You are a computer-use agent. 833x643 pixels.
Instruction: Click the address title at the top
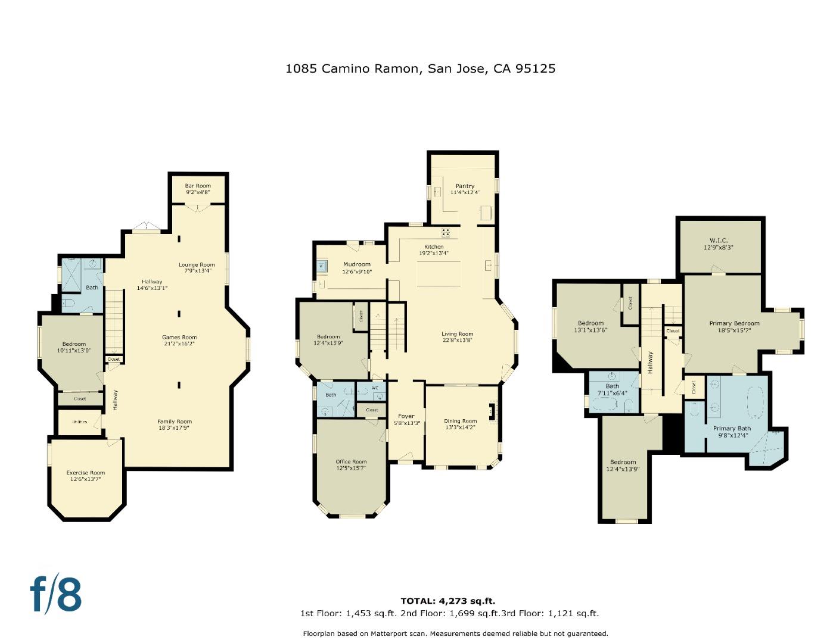pyautogui.click(x=420, y=68)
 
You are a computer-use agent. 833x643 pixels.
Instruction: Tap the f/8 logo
pyautogui.click(x=55, y=594)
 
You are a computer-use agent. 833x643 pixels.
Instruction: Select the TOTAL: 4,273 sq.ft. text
pyautogui.click(x=447, y=601)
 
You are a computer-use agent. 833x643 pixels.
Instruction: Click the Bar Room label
pyautogui.click(x=198, y=186)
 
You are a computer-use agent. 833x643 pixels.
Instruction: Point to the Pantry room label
pyautogui.click(x=465, y=186)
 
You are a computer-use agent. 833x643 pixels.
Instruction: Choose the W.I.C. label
pyautogui.click(x=719, y=241)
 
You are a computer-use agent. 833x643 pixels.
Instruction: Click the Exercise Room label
pyautogui.click(x=85, y=473)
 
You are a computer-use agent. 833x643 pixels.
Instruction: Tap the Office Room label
pyautogui.click(x=351, y=461)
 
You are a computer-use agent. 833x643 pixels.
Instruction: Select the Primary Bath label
pyautogui.click(x=732, y=428)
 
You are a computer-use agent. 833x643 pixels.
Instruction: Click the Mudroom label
pyautogui.click(x=356, y=264)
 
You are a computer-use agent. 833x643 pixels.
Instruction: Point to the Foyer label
pyautogui.click(x=406, y=416)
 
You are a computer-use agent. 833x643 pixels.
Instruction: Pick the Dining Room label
pyautogui.click(x=460, y=421)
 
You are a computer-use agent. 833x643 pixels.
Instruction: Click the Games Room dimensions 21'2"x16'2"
pyautogui.click(x=179, y=344)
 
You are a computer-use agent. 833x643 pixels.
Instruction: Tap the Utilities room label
pyautogui.click(x=79, y=422)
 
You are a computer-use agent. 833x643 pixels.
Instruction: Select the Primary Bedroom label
pyautogui.click(x=734, y=323)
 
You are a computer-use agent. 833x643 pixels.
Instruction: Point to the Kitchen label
pyautogui.click(x=434, y=246)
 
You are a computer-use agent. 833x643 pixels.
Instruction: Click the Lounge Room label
pyautogui.click(x=197, y=264)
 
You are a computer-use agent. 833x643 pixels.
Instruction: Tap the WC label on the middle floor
pyautogui.click(x=375, y=388)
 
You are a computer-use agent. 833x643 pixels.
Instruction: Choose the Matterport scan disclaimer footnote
pyautogui.click(x=455, y=633)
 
